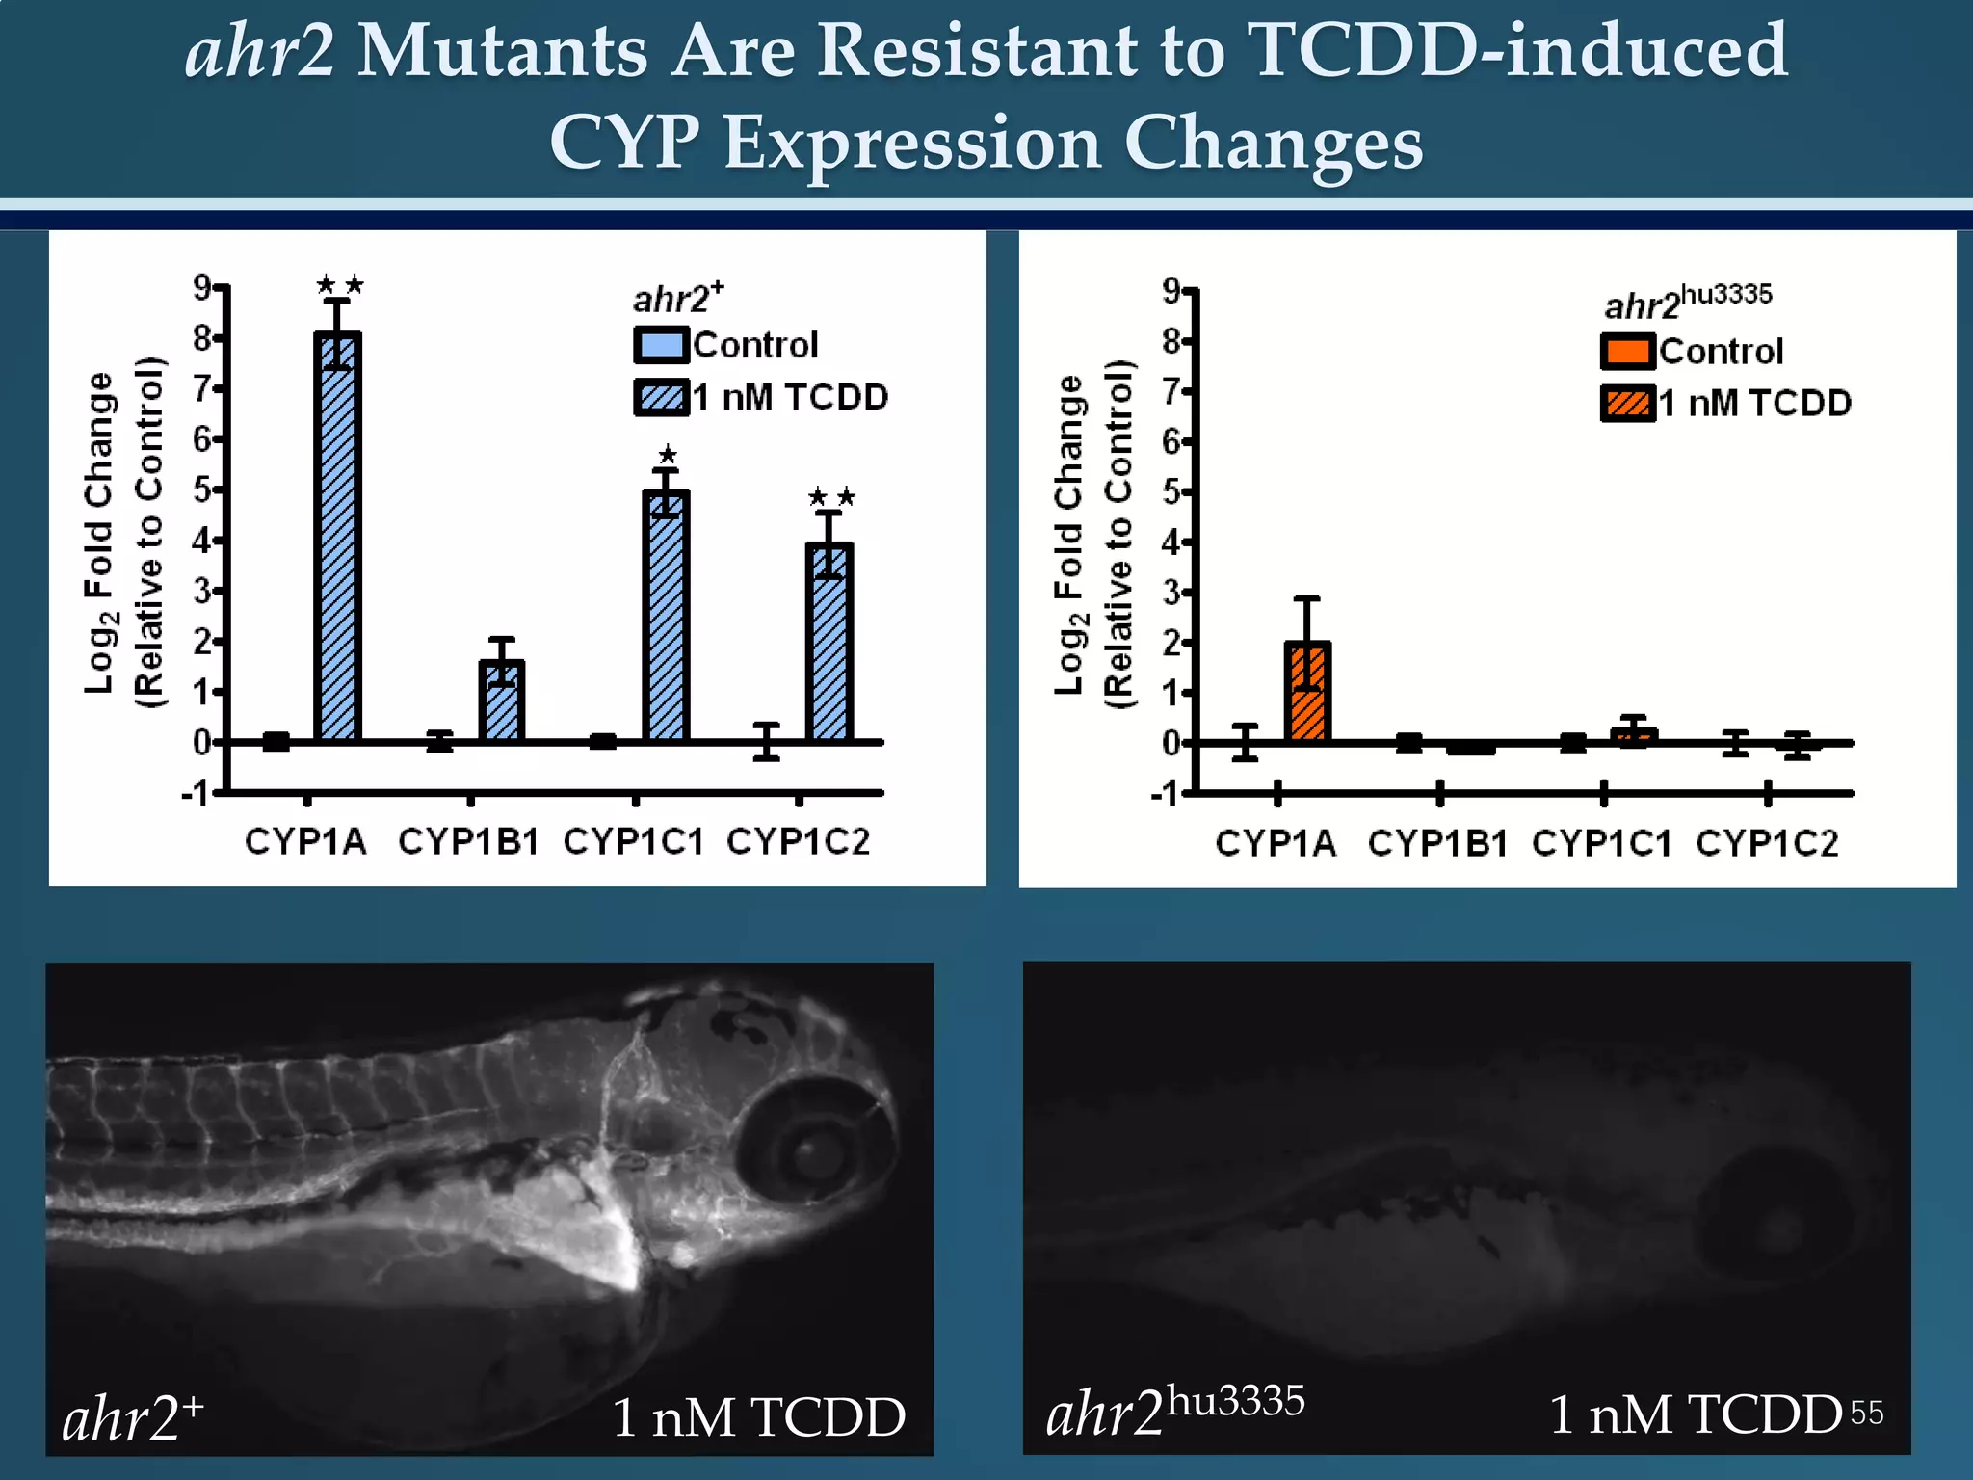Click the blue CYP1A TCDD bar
tap(337, 540)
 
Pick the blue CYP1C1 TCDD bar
tap(666, 617)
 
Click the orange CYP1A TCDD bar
tap(1307, 694)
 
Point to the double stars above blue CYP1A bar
tap(339, 285)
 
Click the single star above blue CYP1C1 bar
tap(668, 455)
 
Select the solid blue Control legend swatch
tap(661, 345)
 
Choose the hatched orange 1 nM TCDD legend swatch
tap(1627, 403)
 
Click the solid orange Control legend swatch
tap(1627, 352)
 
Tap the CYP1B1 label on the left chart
tap(469, 841)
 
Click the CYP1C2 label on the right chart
tap(1767, 843)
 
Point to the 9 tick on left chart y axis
tap(202, 287)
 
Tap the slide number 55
tap(1866, 1414)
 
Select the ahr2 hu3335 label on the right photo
tap(1174, 1412)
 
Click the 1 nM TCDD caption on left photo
tap(758, 1417)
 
